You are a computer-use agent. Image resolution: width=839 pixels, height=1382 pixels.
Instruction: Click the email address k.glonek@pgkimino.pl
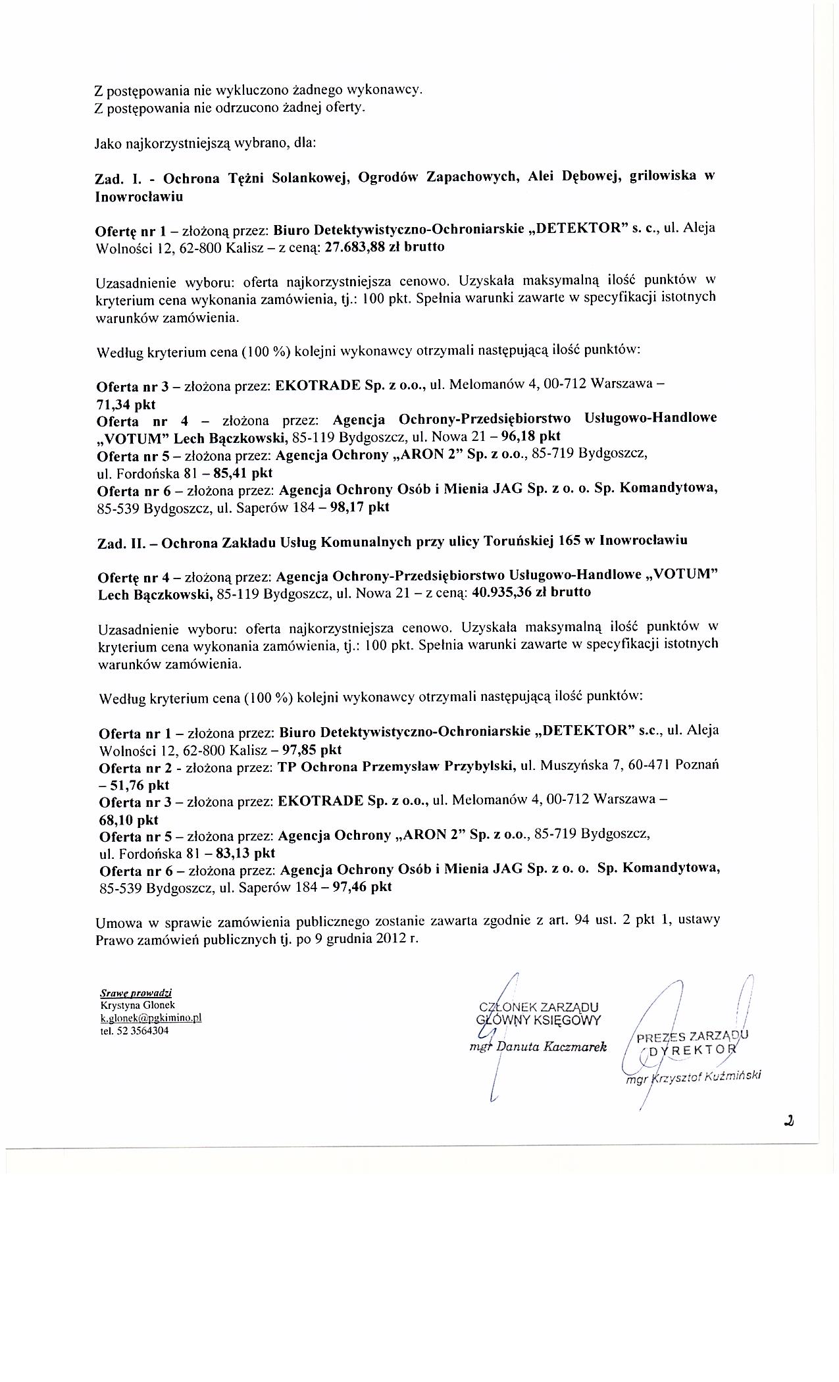(x=151, y=1017)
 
